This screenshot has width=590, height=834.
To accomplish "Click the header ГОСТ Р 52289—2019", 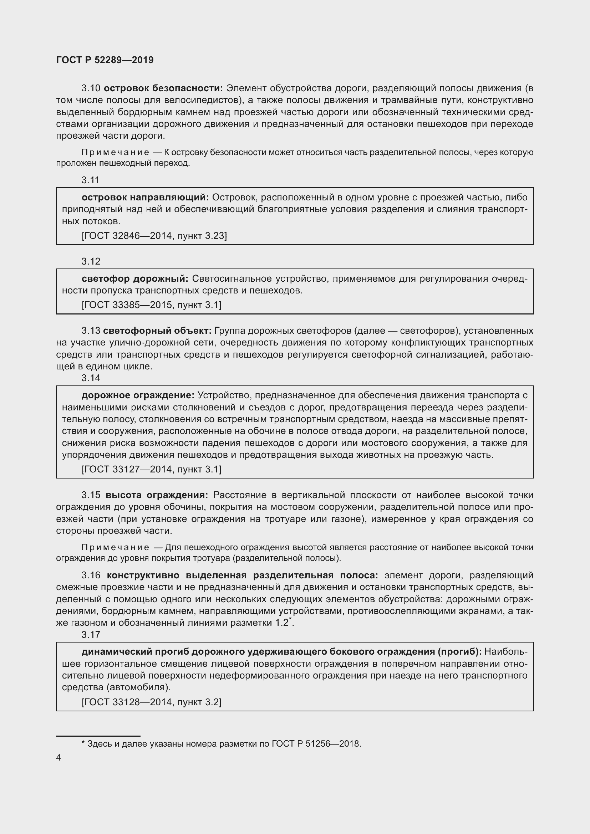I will point(105,60).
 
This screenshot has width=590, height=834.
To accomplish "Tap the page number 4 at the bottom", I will point(59,757).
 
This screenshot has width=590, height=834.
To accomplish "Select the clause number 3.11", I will point(91,180).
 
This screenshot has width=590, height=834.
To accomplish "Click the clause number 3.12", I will point(91,261).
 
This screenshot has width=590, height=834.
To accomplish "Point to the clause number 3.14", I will point(91,378).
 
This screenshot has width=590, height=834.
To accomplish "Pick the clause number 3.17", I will point(91,635).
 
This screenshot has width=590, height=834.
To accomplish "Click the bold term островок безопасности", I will point(163,88).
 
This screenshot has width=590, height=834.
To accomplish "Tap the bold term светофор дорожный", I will point(135,278).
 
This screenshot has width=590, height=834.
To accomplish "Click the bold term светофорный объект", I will point(157,331).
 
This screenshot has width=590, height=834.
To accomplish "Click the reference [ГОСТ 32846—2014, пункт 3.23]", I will point(154,236).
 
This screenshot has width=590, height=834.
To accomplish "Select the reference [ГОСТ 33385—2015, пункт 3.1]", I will point(152,305).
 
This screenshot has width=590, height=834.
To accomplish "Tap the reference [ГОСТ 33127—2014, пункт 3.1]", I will point(152,469).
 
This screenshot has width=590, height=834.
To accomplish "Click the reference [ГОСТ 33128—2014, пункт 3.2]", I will point(152,702).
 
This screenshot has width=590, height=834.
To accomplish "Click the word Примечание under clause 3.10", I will point(115,153).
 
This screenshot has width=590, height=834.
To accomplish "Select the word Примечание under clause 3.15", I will point(115,547).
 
